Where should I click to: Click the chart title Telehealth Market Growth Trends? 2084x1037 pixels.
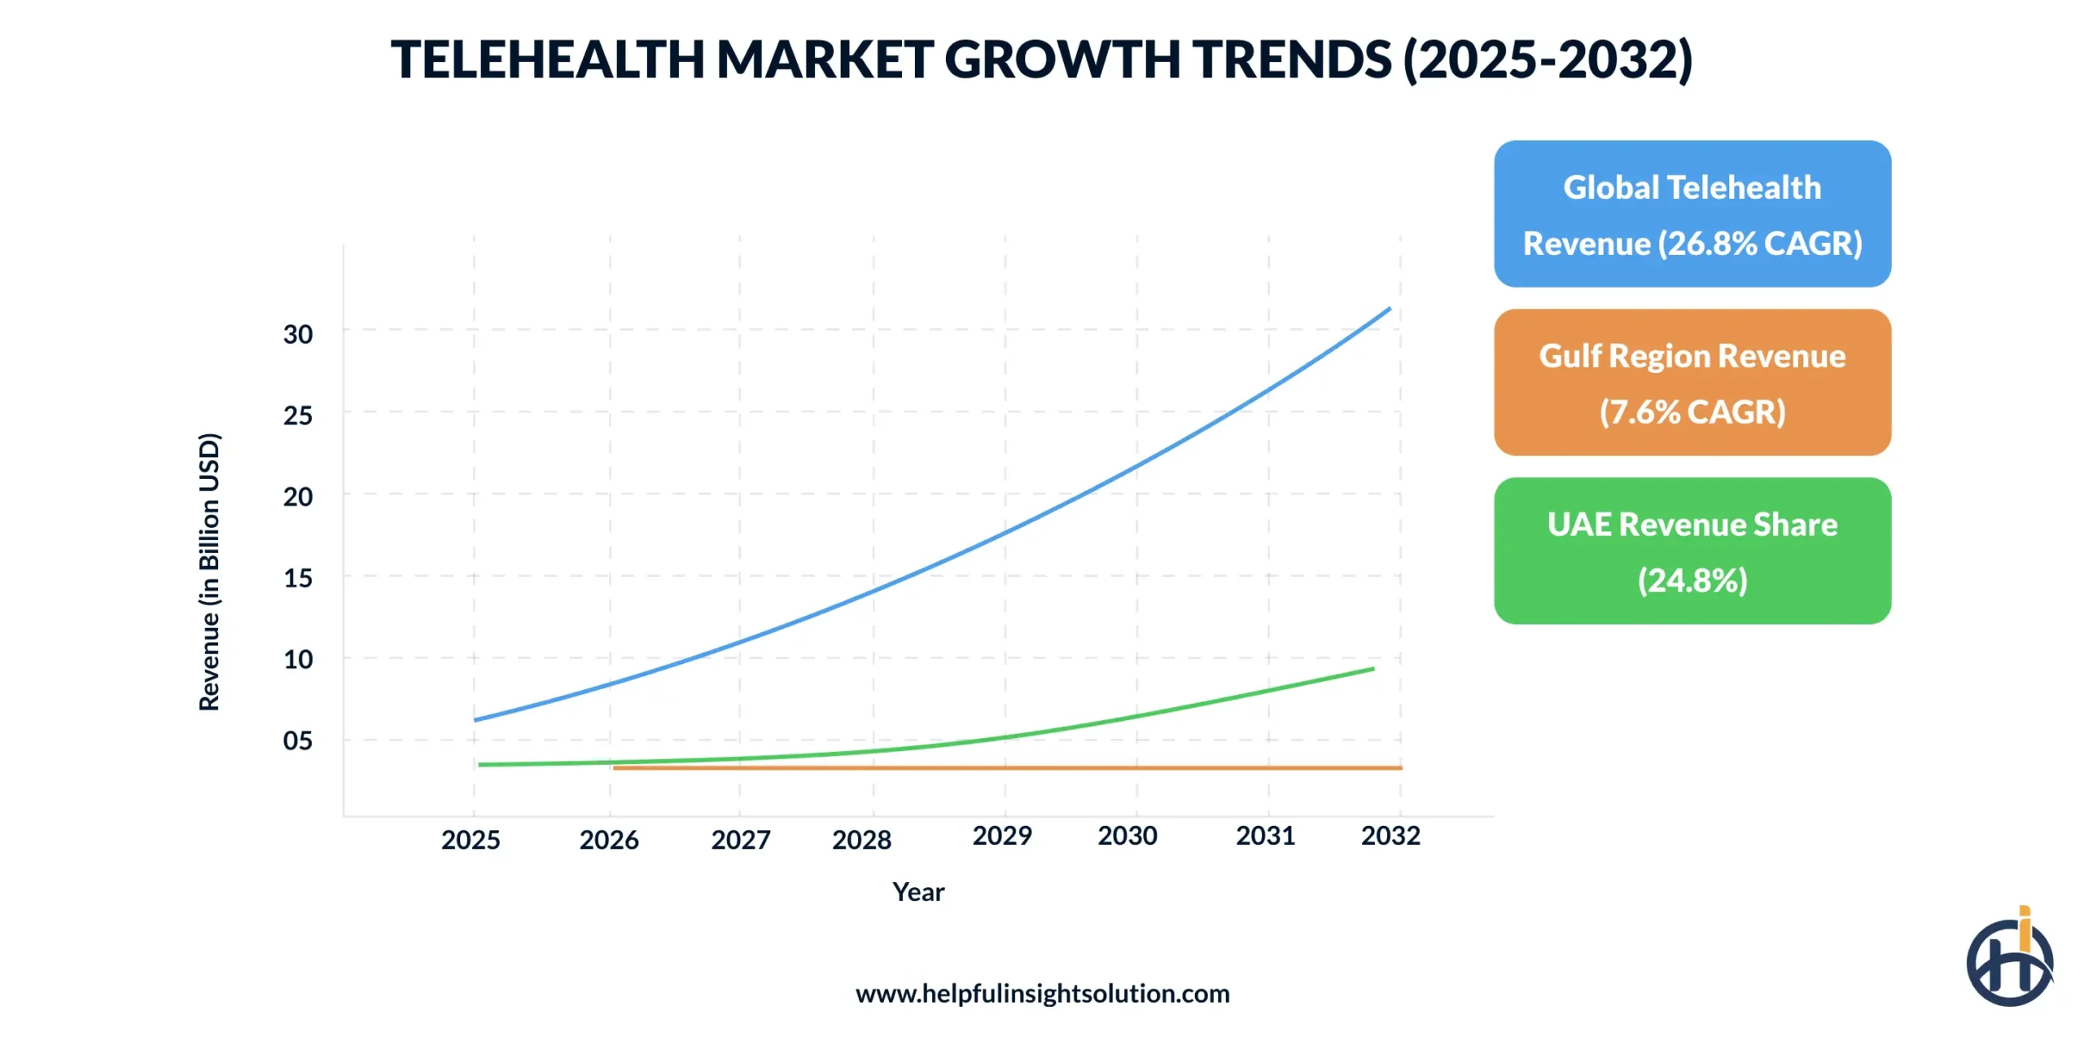point(1041,59)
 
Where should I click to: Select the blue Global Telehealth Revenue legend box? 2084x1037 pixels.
point(1692,214)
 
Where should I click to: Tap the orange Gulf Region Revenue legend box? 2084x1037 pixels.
point(1692,382)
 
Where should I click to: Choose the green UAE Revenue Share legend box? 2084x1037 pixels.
point(1692,551)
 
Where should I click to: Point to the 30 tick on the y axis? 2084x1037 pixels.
point(297,334)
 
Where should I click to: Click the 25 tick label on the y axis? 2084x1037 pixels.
point(297,415)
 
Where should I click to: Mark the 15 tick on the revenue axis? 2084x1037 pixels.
point(297,578)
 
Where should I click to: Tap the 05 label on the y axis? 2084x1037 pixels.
point(297,740)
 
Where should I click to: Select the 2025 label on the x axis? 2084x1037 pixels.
point(471,839)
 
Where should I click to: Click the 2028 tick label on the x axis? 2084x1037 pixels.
point(861,839)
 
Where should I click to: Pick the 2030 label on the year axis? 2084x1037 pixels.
point(1127,835)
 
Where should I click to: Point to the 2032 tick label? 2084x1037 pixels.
point(1390,835)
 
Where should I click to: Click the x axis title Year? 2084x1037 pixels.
point(918,891)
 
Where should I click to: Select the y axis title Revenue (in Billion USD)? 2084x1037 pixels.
point(209,572)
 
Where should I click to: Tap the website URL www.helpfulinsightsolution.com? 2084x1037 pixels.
point(1042,993)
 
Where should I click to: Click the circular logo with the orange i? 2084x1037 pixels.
point(2009,960)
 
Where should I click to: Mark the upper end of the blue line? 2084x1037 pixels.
point(1389,309)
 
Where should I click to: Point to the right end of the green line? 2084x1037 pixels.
point(1373,669)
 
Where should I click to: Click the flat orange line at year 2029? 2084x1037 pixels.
point(1005,767)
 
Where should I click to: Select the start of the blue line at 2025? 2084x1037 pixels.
point(476,719)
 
